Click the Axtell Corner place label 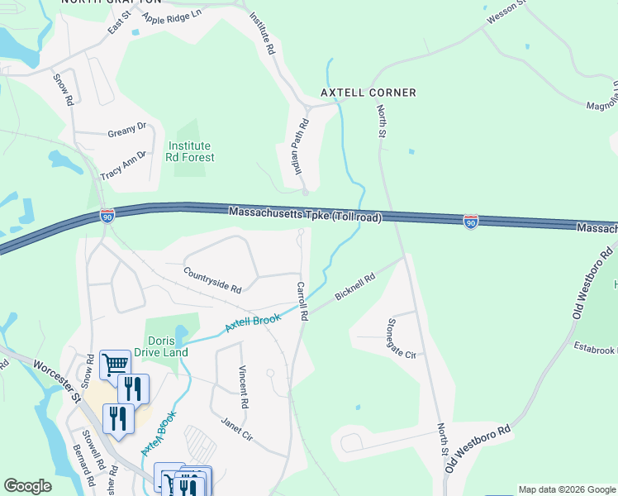point(368,93)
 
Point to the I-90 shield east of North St point(471,222)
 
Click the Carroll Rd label point(302,301)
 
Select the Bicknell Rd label point(355,286)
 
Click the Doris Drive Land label point(166,346)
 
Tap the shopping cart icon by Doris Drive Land point(114,365)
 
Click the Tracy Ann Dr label point(123,165)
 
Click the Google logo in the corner point(27,486)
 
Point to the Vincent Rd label point(243,388)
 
